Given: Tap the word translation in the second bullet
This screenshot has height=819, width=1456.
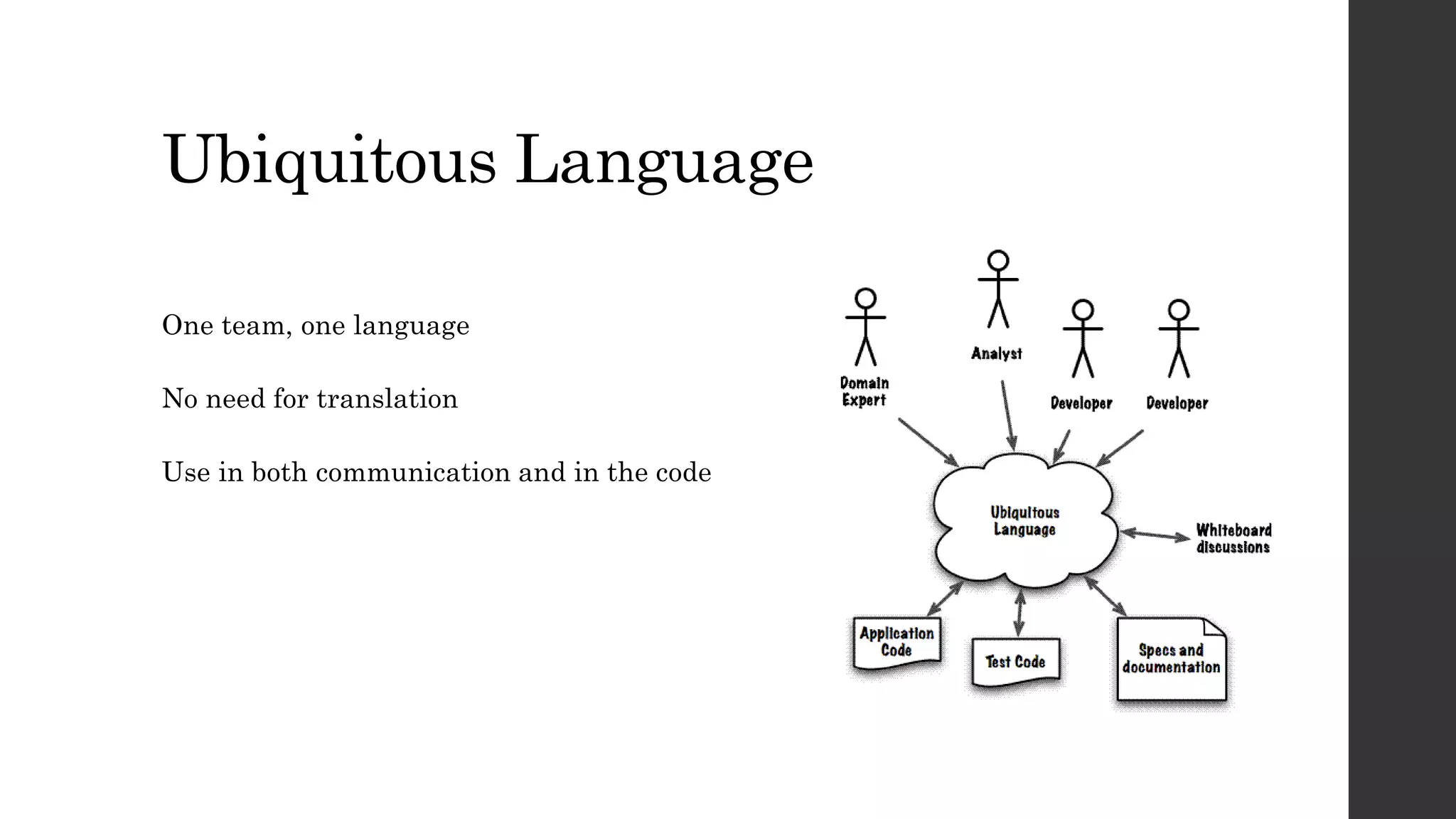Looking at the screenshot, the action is [x=387, y=399].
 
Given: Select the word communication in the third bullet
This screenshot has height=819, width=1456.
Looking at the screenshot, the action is [x=412, y=473].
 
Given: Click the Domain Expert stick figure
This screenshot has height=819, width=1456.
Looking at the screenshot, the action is [x=865, y=327].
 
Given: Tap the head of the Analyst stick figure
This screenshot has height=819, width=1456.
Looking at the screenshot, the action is [x=998, y=260].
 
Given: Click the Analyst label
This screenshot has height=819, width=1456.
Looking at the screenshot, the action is [x=997, y=353].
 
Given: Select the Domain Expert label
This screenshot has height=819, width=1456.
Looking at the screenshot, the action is [x=864, y=392].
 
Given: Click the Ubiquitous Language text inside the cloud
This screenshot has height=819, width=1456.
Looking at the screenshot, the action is [x=1024, y=521].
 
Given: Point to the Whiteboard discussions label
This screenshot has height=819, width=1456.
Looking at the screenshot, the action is [x=1233, y=539].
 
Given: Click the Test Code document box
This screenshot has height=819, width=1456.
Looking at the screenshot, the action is [x=1015, y=662].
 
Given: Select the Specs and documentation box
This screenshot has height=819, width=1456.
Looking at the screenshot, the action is [x=1171, y=659].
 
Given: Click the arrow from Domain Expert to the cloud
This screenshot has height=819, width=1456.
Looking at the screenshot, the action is [x=928, y=442].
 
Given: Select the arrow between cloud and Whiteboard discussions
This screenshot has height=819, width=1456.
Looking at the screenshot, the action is [x=1155, y=535].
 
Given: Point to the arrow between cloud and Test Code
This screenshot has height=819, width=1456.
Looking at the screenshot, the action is [x=1020, y=613].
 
